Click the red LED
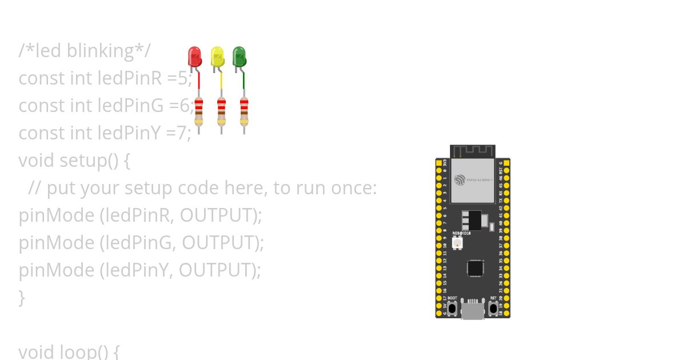pos(194,57)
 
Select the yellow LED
pos(217,57)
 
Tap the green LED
pos(240,57)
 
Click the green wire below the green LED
pos(244,80)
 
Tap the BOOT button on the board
pos(452,309)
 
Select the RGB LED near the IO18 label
pos(457,243)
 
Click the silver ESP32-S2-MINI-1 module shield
pos(473,180)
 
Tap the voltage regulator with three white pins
pos(472,219)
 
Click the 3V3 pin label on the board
pos(445,163)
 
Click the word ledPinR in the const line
pos(130,78)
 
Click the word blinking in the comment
pos(100,51)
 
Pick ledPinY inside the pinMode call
pos(136,270)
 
